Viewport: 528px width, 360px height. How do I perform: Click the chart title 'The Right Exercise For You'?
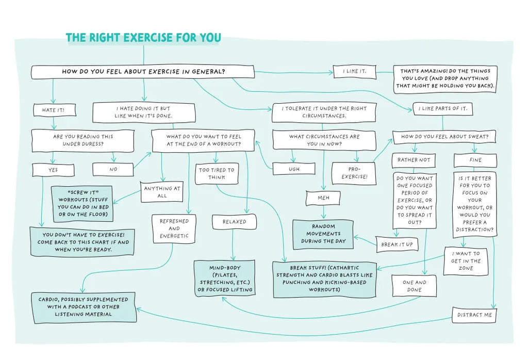click(x=143, y=38)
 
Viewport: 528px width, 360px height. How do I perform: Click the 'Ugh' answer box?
click(x=293, y=169)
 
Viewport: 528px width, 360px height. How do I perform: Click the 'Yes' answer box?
click(x=53, y=169)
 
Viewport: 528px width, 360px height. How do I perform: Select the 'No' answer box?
click(x=113, y=169)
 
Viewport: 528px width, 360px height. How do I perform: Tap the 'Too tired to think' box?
click(x=217, y=173)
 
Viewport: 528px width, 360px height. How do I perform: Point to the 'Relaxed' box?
click(x=234, y=222)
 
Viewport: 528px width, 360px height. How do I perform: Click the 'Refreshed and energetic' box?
click(x=174, y=228)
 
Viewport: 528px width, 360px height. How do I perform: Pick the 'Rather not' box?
click(x=414, y=160)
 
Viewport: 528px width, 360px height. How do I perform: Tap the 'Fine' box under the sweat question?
click(x=475, y=160)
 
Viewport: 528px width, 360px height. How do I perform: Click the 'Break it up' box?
click(x=397, y=244)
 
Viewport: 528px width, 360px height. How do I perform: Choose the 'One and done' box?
click(x=414, y=286)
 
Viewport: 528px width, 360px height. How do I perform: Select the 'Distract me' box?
click(x=474, y=315)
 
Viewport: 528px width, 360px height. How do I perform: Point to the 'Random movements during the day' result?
click(x=323, y=234)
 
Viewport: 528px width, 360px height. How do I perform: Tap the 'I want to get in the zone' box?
click(x=466, y=261)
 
